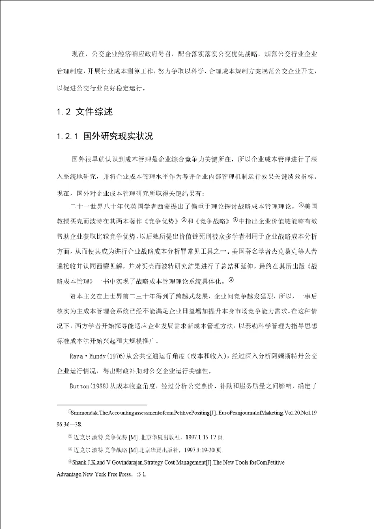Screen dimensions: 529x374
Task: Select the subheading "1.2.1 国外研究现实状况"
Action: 104,137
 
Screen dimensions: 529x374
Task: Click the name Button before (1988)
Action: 81,387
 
